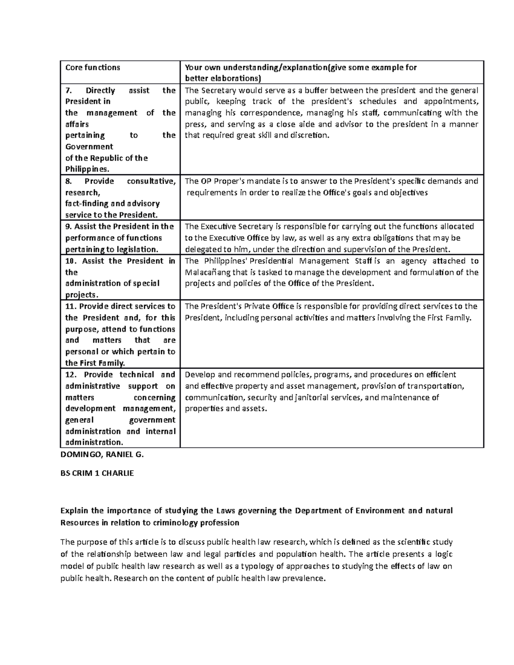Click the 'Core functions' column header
coord(93,67)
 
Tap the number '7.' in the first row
coord(69,90)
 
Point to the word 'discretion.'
coord(311,135)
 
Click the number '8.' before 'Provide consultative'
coord(69,181)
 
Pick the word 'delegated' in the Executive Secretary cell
coord(202,249)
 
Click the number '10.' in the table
coord(71,261)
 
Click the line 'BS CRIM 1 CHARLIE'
coord(98,473)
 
